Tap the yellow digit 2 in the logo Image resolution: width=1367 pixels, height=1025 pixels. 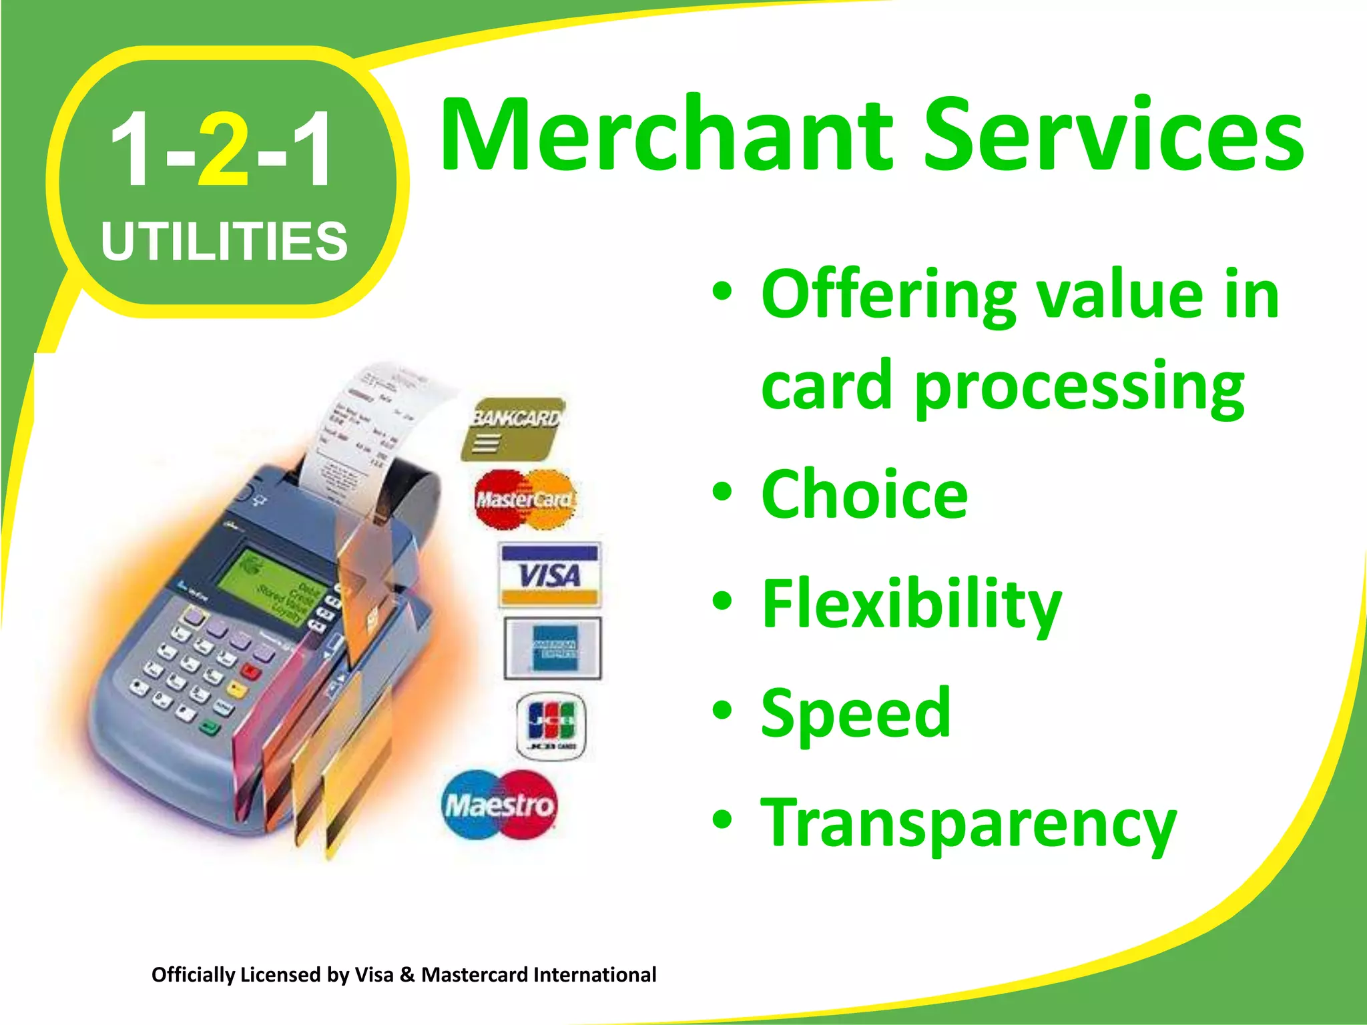[x=224, y=150]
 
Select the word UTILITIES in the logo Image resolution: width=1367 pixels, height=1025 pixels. [x=224, y=241]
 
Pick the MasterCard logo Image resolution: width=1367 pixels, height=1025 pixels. [x=525, y=499]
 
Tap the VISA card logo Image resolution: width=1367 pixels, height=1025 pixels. [x=550, y=575]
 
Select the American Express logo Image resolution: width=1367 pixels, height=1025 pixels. [x=553, y=648]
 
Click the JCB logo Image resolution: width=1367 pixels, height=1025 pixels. [x=551, y=725]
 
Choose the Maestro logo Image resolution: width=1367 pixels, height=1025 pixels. [x=499, y=805]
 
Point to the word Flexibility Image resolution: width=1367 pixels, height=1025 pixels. [x=911, y=604]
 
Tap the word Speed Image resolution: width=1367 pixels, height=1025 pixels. [x=856, y=713]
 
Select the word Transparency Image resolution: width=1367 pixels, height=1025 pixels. [x=969, y=824]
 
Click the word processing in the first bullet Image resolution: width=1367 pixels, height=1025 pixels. [x=1079, y=387]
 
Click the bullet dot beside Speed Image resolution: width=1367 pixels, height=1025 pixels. [x=722, y=710]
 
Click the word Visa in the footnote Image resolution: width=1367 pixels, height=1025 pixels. [x=374, y=975]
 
